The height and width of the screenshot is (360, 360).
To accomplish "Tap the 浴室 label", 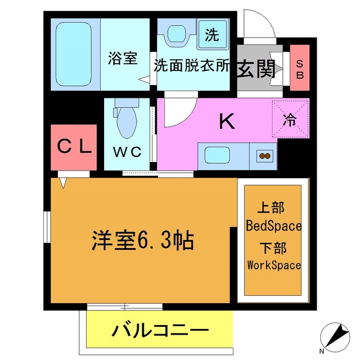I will pyautogui.click(x=122, y=58).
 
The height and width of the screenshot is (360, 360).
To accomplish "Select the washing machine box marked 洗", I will pyautogui.click(x=212, y=35).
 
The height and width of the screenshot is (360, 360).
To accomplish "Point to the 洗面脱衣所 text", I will pyautogui.click(x=192, y=66).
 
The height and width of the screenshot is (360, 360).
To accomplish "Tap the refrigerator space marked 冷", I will pyautogui.click(x=290, y=119).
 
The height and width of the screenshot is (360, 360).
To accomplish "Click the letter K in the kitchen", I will pyautogui.click(x=226, y=121).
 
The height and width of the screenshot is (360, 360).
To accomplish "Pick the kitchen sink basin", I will pyautogui.click(x=216, y=155).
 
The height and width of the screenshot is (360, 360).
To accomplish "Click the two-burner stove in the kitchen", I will pyautogui.click(x=264, y=155).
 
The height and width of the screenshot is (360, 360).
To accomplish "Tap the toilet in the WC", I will pyautogui.click(x=126, y=119).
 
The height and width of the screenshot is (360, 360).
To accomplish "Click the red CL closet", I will pyautogui.click(x=75, y=147).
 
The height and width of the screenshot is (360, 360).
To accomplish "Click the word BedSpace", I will pyautogui.click(x=274, y=227).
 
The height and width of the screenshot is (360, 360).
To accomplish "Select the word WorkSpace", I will pyautogui.click(x=274, y=265).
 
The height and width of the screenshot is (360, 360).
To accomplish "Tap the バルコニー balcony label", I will pyautogui.click(x=160, y=330).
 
